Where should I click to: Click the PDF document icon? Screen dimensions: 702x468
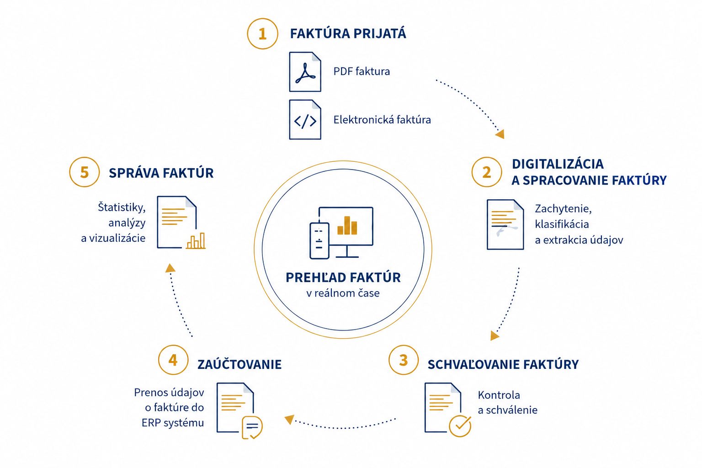[x=305, y=72]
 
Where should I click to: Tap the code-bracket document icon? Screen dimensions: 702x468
[x=305, y=119]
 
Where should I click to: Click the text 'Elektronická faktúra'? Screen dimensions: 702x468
[x=382, y=120]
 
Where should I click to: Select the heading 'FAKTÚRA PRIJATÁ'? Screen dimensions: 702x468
[x=348, y=33]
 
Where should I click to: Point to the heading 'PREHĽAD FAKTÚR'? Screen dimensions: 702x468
[x=343, y=277]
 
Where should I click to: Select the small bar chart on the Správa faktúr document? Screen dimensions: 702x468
[x=196, y=241]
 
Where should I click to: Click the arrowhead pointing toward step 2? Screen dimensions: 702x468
[x=500, y=134]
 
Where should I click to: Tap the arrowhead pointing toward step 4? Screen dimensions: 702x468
[x=290, y=419]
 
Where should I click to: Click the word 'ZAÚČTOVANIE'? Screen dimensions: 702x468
[x=239, y=365]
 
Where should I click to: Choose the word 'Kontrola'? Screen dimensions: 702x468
[x=499, y=395]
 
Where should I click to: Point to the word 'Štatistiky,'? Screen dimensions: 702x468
[x=122, y=207]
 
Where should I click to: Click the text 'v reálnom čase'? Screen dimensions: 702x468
[x=343, y=293]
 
